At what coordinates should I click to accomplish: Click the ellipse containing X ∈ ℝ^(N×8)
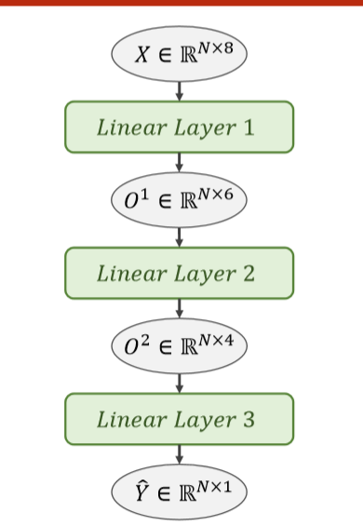tap(179, 54)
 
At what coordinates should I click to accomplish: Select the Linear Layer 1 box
tap(179, 127)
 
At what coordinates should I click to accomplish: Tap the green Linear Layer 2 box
tap(179, 273)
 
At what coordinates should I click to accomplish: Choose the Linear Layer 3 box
tap(179, 419)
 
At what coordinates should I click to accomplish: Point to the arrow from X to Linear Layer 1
tap(179, 90)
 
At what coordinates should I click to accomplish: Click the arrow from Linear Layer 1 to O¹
tap(179, 163)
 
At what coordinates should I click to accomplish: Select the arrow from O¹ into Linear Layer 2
tap(179, 236)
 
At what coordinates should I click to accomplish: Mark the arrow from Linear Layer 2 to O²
tap(179, 309)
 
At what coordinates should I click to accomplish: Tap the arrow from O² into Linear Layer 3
tap(179, 383)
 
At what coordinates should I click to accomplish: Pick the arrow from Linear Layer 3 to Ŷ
tap(179, 455)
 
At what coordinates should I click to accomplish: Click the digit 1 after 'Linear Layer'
tap(249, 128)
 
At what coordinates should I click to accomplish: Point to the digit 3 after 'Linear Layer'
tap(249, 420)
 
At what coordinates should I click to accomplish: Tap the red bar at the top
tap(181, 3)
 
